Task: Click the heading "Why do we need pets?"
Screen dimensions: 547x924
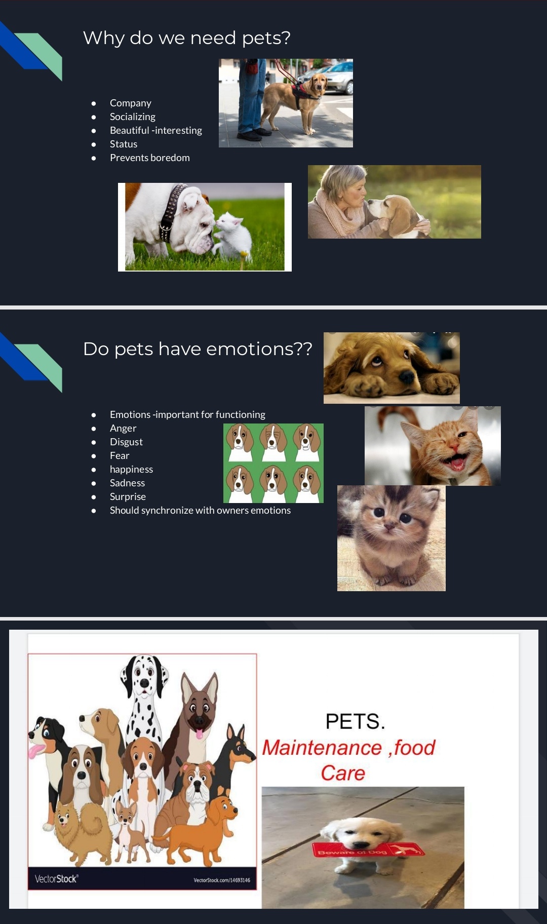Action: [187, 38]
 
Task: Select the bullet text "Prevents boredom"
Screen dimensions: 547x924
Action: [150, 158]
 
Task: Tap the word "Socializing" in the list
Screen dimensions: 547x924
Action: [133, 117]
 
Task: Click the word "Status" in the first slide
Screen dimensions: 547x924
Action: [124, 144]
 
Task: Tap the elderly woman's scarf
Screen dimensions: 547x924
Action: [337, 215]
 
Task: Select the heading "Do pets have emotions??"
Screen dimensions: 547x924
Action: [198, 349]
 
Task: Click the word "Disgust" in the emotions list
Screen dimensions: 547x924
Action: [126, 442]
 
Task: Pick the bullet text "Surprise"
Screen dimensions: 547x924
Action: [128, 496]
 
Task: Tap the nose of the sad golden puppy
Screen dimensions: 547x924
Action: [406, 377]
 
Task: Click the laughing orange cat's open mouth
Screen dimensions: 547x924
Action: [456, 461]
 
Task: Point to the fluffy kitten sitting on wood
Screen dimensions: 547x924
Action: [392, 537]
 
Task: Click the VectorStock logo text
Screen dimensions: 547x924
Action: [56, 879]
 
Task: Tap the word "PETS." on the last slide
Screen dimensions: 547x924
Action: [355, 721]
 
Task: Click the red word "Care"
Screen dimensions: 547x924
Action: [343, 773]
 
